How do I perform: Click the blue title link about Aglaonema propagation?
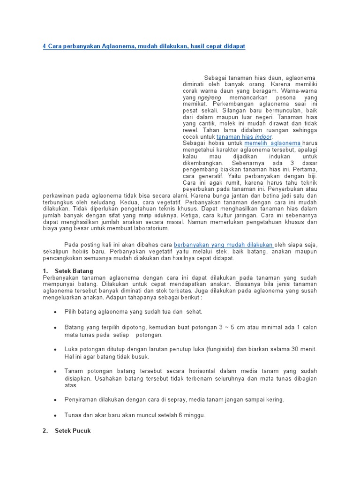click(x=144, y=46)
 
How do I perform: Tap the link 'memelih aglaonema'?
click(x=273, y=143)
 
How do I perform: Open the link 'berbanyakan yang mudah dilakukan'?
click(x=224, y=245)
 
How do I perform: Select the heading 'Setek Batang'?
click(x=74, y=271)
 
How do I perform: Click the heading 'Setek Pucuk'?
click(x=73, y=430)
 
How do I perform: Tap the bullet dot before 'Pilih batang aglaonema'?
click(x=55, y=312)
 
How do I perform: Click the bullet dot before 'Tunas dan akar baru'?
click(x=55, y=415)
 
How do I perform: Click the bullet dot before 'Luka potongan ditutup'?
click(x=55, y=350)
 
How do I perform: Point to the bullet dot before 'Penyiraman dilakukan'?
click(x=55, y=400)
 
